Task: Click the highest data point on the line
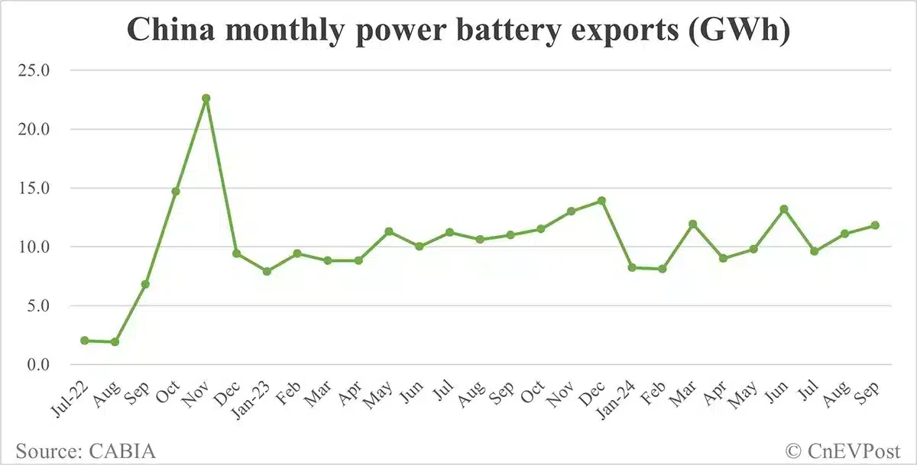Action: pyautogui.click(x=206, y=98)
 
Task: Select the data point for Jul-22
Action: pyautogui.click(x=84, y=341)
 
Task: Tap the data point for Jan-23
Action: pyautogui.click(x=267, y=271)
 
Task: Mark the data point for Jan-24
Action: pyautogui.click(x=632, y=267)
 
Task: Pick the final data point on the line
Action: pyautogui.click(x=875, y=225)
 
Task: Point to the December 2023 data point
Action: pyautogui.click(x=601, y=201)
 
